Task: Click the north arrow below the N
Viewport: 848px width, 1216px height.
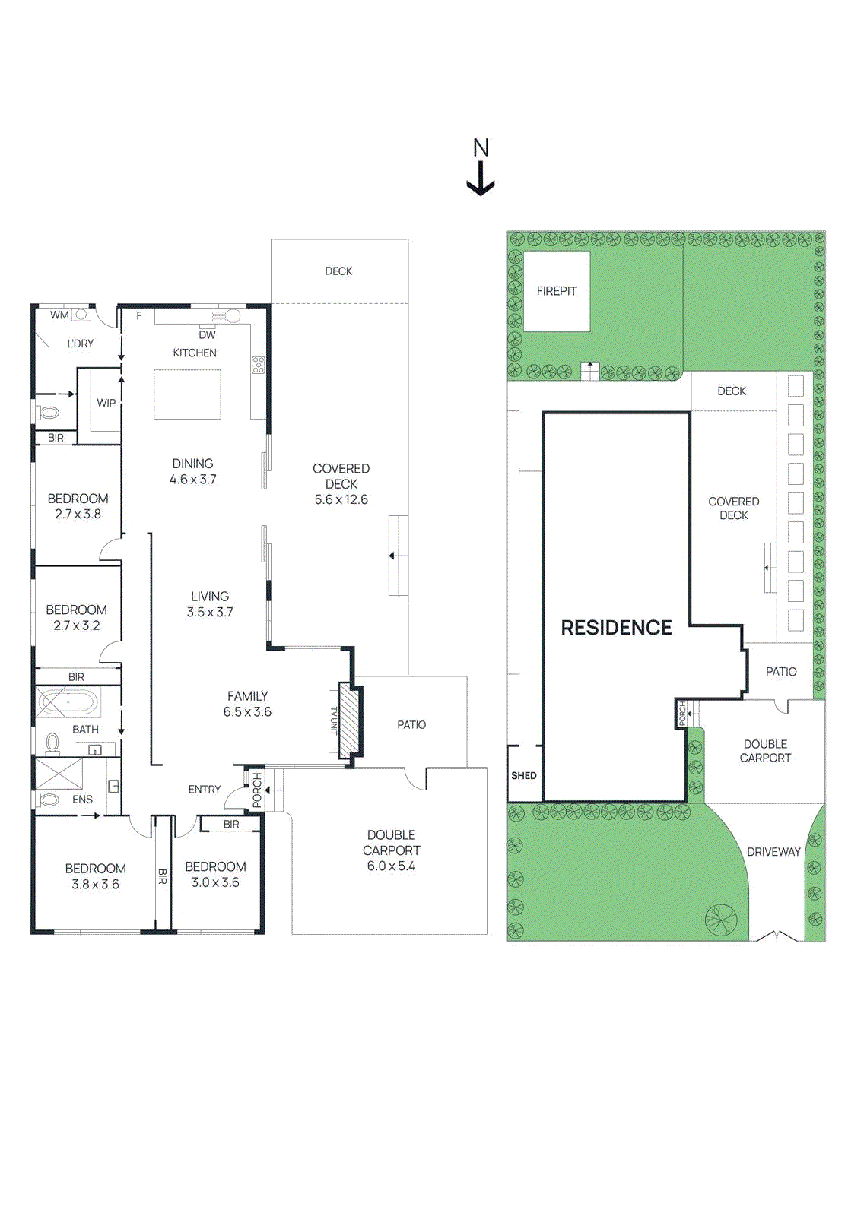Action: tap(481, 179)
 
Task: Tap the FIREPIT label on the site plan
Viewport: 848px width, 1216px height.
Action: tap(556, 292)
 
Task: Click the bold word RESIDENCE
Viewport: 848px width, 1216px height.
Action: tap(616, 628)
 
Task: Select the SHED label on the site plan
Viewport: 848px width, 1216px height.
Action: tap(524, 776)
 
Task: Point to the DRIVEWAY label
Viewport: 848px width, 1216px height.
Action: tap(773, 852)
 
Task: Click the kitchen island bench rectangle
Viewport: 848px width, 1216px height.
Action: tap(187, 394)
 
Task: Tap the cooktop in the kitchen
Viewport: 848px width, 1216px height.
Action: tap(258, 364)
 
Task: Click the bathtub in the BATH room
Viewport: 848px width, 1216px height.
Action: tap(68, 702)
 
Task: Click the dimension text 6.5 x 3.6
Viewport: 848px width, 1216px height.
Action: tap(247, 712)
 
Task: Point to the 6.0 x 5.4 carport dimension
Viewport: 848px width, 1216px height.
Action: tap(391, 866)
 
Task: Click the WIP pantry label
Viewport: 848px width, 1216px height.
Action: tap(106, 404)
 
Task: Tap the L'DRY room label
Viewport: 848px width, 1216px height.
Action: tap(81, 344)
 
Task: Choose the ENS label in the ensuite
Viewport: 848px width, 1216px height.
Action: tap(83, 800)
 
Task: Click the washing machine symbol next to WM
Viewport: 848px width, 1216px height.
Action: tap(81, 315)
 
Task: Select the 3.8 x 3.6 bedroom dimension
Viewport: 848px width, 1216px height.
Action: tap(96, 885)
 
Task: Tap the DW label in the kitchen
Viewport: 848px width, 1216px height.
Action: tap(207, 335)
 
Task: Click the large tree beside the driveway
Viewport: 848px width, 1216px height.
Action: tap(721, 919)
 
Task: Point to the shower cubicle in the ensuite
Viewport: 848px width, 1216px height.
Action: tap(59, 774)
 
